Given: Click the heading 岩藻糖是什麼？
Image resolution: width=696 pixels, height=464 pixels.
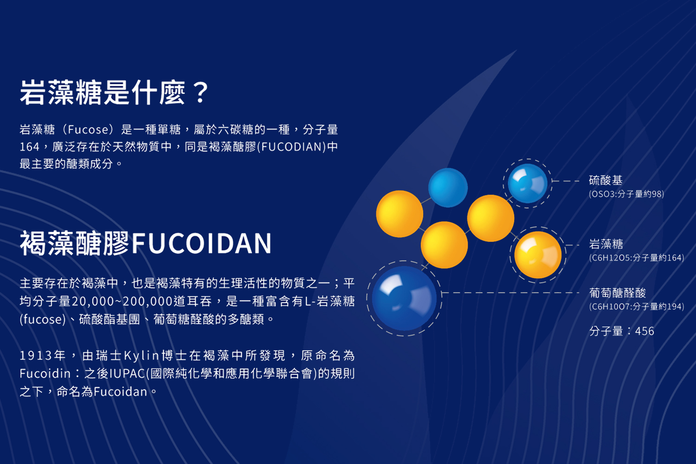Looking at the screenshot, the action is [x=114, y=92].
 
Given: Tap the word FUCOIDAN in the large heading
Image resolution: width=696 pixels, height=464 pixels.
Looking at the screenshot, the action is [x=202, y=243].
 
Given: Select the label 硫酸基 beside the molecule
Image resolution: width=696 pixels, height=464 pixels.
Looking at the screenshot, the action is [x=606, y=180].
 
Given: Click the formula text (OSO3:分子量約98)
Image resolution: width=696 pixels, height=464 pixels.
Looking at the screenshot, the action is [x=626, y=194].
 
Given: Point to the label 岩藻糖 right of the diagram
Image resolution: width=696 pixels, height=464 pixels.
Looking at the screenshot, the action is [x=606, y=244].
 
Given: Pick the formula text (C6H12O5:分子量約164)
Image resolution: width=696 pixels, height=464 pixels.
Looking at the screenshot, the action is [x=637, y=258].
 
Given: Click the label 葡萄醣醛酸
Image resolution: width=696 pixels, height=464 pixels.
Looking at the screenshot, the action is [x=618, y=293].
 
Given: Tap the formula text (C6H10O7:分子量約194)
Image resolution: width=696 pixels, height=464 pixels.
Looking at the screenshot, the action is [x=637, y=307].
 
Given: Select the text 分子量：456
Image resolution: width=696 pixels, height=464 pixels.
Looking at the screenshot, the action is [x=622, y=331].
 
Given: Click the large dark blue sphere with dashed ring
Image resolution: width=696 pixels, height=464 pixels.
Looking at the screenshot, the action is [x=404, y=298].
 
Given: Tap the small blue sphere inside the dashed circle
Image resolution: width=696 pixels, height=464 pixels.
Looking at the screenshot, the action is [x=528, y=183].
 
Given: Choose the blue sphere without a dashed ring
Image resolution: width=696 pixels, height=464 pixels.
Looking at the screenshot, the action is [x=448, y=187].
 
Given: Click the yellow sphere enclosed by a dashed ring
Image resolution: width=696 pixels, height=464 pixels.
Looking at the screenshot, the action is [x=538, y=255].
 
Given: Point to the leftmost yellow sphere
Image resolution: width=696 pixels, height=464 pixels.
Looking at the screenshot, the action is [x=400, y=214].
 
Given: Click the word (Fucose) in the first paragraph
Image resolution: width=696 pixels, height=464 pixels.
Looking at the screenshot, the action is [x=88, y=129].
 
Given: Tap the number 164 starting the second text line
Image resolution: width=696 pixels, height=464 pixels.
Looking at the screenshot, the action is [x=30, y=147].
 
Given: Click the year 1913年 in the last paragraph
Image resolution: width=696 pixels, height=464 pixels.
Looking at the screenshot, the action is [x=43, y=355].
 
